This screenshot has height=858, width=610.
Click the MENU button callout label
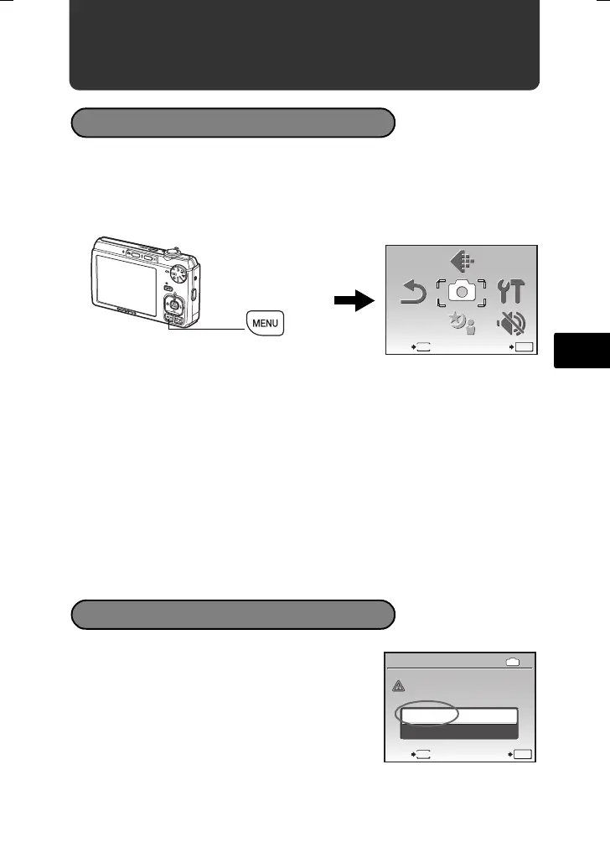point(266,324)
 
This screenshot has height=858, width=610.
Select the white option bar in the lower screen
point(459,715)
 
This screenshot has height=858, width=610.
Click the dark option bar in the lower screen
point(459,731)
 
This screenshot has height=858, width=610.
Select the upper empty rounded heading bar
point(233,122)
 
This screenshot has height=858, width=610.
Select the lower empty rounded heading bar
point(233,614)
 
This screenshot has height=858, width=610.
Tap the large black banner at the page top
point(304,46)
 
